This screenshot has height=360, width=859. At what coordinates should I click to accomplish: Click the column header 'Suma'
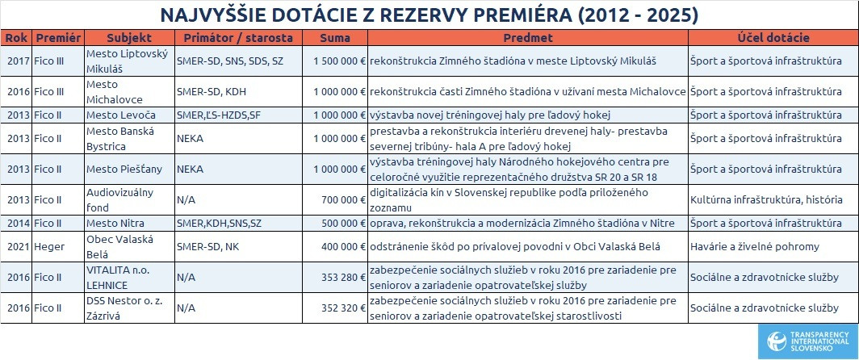(335, 38)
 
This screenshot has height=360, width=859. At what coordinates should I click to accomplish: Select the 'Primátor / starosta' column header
(239, 38)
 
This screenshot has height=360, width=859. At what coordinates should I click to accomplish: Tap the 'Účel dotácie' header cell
(773, 38)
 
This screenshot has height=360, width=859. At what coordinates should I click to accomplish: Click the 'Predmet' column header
(528, 38)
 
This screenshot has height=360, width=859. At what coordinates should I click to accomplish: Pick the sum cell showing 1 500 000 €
(335, 61)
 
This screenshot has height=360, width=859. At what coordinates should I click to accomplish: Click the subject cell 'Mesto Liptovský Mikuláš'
(129, 61)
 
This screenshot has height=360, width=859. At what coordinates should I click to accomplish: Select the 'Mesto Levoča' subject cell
(129, 115)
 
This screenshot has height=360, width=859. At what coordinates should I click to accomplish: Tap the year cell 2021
(18, 246)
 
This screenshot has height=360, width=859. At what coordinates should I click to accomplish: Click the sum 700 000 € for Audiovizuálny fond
(335, 199)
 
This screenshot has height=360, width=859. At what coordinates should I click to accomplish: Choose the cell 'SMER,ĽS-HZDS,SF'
(239, 115)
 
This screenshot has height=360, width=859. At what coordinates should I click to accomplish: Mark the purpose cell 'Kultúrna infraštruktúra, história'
(773, 199)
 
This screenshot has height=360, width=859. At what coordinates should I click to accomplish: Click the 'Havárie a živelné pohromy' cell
(773, 246)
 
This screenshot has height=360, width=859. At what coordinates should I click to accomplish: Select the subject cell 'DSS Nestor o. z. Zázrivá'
(129, 308)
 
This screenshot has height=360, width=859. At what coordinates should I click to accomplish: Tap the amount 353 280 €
(335, 277)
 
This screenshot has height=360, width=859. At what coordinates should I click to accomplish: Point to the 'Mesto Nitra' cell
(129, 222)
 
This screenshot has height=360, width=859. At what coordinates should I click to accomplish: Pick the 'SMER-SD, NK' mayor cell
(239, 246)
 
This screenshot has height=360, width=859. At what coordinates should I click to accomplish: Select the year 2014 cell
(18, 222)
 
